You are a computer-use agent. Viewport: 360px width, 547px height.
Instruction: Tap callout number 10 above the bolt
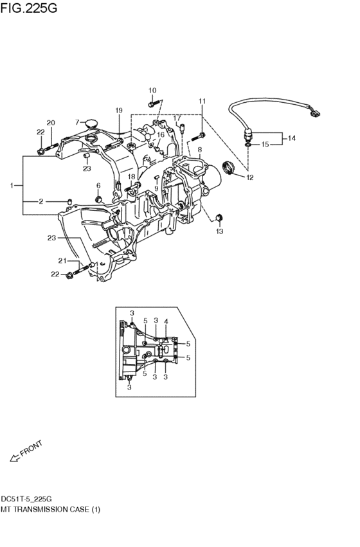tap(152, 90)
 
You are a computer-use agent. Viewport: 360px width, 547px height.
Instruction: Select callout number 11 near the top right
tap(202, 101)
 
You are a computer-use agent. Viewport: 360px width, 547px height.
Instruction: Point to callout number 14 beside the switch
tap(291, 138)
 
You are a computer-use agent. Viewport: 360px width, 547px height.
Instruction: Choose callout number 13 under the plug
tap(219, 230)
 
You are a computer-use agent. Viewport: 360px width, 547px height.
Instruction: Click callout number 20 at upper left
tap(51, 123)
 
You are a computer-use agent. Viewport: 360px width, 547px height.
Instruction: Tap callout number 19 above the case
tap(118, 111)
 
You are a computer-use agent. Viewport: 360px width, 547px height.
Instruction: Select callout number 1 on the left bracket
tap(12, 185)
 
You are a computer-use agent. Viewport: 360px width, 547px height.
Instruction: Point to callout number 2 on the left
tap(41, 201)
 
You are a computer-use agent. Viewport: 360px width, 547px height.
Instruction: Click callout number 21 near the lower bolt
tap(62, 260)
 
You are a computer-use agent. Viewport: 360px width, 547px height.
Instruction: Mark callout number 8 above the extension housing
tap(199, 150)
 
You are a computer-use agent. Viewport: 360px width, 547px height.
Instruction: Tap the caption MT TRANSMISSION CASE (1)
tap(51, 509)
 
